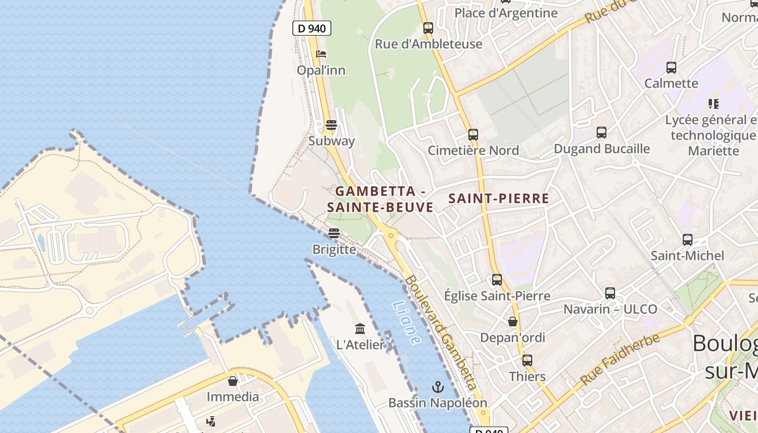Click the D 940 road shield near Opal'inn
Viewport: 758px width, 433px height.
point(311,28)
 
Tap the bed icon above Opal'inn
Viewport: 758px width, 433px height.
point(321,54)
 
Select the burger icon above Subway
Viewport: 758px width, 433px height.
point(331,125)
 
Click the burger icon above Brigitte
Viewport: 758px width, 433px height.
point(334,233)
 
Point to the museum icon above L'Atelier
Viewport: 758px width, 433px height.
point(360,329)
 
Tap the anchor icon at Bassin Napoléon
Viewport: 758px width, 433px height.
point(437,387)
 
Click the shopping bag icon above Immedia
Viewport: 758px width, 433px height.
point(233,381)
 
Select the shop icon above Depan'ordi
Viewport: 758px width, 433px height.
point(513,322)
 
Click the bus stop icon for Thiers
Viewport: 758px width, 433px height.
point(527,360)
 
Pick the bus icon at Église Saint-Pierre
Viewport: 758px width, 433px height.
point(496,280)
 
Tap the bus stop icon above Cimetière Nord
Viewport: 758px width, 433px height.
point(473,134)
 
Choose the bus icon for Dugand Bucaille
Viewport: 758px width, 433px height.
point(601,132)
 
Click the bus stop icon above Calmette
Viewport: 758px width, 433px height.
point(671,68)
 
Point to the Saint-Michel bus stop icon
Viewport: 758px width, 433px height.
point(687,239)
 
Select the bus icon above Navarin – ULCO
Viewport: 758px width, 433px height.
point(610,293)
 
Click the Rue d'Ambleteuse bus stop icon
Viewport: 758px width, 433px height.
point(428,28)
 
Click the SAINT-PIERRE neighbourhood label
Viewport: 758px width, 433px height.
point(499,199)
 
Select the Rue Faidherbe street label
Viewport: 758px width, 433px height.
point(620,359)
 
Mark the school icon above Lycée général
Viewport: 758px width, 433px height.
point(713,103)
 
